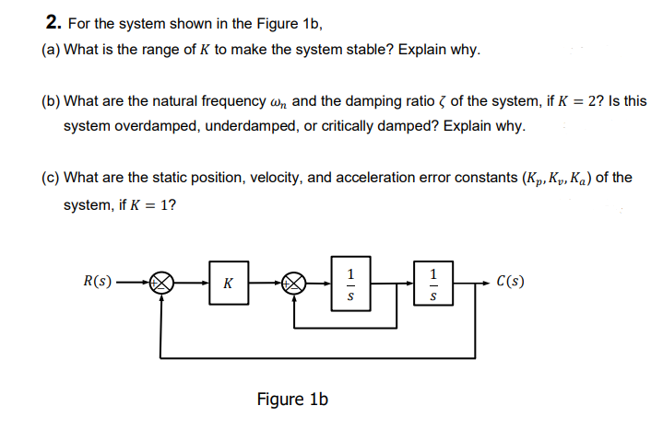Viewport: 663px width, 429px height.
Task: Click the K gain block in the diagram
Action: tap(228, 283)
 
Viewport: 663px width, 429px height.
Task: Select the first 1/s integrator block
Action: tap(349, 283)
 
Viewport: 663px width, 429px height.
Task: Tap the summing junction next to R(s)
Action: tap(163, 283)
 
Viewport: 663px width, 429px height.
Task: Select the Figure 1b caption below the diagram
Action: tap(292, 399)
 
